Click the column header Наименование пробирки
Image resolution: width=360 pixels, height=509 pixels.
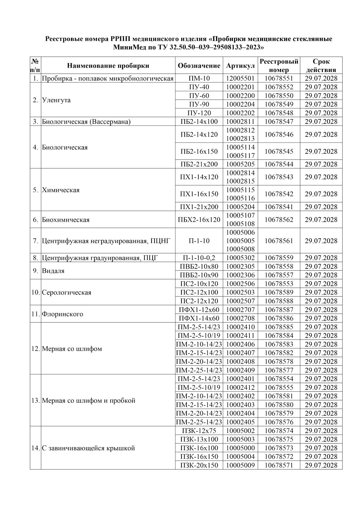[108, 66]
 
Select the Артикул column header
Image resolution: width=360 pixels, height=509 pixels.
[240, 66]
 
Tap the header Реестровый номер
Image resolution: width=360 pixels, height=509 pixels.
[279, 66]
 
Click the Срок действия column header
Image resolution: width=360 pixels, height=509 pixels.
[321, 66]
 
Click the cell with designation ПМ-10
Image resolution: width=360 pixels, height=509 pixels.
[199, 78]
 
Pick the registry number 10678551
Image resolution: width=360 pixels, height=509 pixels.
[279, 78]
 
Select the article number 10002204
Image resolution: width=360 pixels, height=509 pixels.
[240, 104]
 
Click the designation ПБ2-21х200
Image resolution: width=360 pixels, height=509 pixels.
[199, 164]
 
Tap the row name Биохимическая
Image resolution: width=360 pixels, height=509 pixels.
[66, 220]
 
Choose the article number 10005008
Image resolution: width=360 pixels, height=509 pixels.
[240, 249]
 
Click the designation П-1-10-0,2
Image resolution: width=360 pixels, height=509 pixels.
[199, 258]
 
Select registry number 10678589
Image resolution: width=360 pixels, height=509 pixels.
[279, 292]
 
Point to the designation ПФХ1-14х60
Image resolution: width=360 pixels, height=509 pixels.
[199, 318]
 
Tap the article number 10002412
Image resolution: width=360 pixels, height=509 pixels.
[240, 387]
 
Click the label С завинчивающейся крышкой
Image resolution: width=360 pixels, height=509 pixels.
[88, 448]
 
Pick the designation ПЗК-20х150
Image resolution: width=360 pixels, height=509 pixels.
[199, 465]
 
